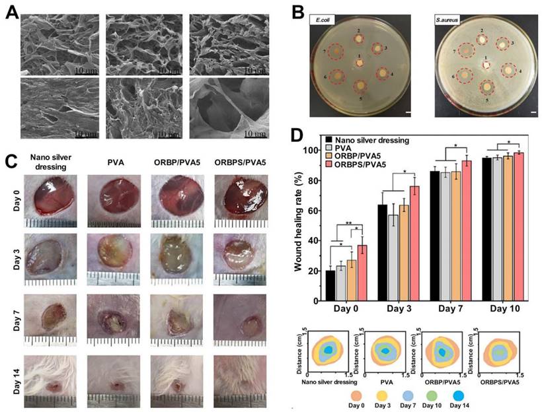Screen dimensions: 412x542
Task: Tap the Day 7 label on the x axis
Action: [449, 309]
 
